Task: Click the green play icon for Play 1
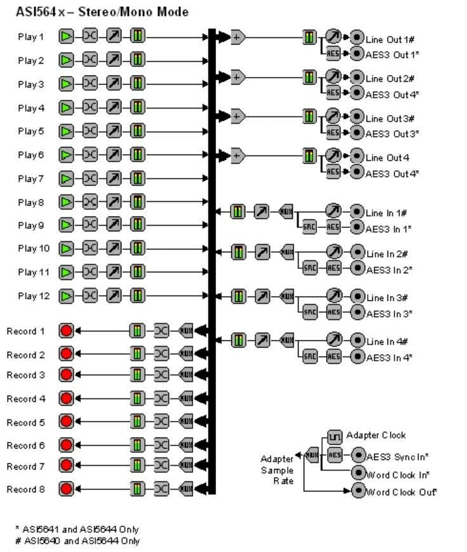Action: click(66, 37)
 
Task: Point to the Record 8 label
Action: click(25, 489)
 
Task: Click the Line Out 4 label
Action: click(387, 158)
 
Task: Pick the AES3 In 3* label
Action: click(389, 314)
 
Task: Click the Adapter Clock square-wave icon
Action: click(335, 436)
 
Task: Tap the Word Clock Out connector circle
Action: click(358, 490)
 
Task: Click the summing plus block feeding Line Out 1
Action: click(237, 37)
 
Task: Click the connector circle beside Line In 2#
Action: click(358, 252)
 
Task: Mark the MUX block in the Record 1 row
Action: click(186, 330)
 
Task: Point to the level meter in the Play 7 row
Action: click(138, 178)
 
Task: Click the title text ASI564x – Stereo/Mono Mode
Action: click(102, 12)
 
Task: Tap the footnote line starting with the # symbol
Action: click(78, 541)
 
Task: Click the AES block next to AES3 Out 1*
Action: click(333, 55)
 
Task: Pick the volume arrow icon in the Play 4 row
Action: click(114, 107)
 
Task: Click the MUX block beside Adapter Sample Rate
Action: click(311, 455)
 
